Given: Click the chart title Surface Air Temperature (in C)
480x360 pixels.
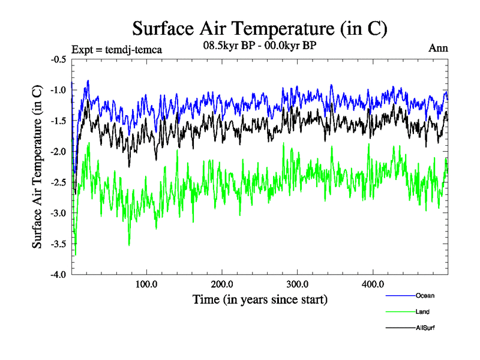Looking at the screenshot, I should click(259, 28).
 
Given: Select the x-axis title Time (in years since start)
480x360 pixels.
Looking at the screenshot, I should click(260, 298).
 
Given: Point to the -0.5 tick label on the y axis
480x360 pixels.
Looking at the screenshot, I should click(59, 59).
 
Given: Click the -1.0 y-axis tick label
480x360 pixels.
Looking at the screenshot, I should click(59, 90).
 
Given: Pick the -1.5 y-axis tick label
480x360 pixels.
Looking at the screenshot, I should click(59, 121).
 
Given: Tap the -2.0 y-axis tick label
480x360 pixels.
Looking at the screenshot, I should click(59, 152).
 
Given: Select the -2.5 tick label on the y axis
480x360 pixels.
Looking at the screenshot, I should click(59, 182).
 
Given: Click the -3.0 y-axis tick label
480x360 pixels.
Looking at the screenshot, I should click(59, 213).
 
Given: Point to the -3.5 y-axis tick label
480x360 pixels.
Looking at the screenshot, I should click(59, 244).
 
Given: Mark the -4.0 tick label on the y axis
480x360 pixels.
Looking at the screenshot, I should click(59, 274).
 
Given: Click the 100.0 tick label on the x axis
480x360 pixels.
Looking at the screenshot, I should click(146, 283).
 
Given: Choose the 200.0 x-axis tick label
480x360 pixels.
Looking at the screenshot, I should click(222, 283).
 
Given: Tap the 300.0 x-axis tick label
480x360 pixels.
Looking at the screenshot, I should click(298, 283).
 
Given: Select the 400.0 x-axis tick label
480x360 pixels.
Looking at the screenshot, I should click(373, 283).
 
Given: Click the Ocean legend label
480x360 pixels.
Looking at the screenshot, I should click(425, 295).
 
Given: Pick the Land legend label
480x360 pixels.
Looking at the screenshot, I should click(422, 311).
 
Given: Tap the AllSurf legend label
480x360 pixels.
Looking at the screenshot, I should click(425, 328).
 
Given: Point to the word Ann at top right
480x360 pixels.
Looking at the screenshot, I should click(439, 48).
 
